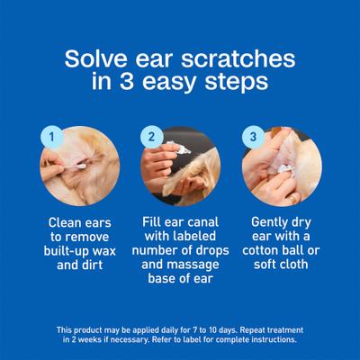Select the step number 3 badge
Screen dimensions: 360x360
point(255,138)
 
